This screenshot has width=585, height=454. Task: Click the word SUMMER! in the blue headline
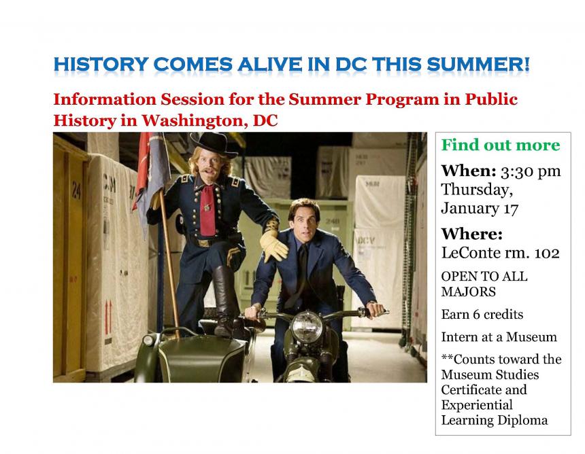click(478, 64)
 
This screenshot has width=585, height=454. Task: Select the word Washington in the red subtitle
click(195, 121)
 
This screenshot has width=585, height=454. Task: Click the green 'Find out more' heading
click(501, 145)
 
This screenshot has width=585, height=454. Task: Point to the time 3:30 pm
click(531, 171)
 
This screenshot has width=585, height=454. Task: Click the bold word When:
click(469, 171)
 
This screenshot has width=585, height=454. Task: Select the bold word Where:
click(472, 234)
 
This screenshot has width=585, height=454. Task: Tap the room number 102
click(547, 253)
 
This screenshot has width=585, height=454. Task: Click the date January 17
click(480, 209)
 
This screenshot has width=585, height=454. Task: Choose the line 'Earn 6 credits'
click(482, 314)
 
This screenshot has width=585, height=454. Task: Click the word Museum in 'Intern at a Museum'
click(531, 337)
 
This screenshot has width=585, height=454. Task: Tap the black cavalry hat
click(214, 144)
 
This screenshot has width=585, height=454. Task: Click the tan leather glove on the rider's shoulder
click(274, 245)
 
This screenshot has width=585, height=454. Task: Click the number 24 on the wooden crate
click(76, 190)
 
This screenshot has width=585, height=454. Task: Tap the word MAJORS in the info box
click(468, 292)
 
